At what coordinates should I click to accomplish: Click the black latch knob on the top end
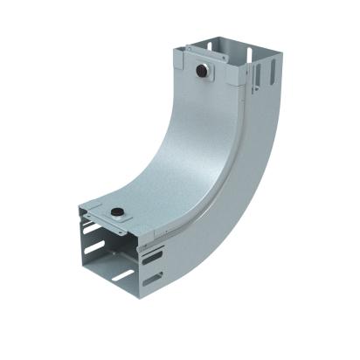[204, 68]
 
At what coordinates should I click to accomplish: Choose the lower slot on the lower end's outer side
[152, 281]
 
